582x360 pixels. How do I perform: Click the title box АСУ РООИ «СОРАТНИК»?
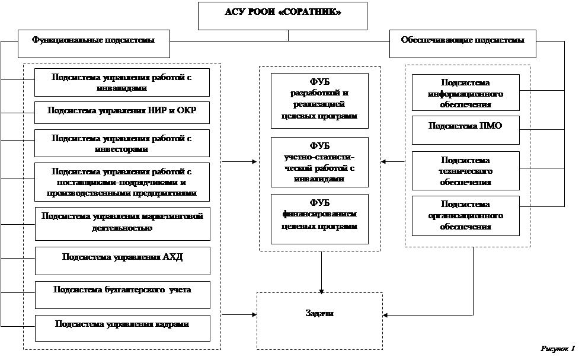[x=282, y=15]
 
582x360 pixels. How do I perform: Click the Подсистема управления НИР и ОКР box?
[x=122, y=112]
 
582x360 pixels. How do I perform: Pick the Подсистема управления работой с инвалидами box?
[x=122, y=82]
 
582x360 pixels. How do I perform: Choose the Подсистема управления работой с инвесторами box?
[x=122, y=144]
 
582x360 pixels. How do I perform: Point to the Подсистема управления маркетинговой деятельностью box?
[x=122, y=222]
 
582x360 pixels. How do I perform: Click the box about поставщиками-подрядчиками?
[x=122, y=182]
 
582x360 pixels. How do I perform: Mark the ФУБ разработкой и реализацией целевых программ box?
[x=319, y=100]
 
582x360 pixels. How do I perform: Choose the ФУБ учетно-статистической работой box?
[x=319, y=162]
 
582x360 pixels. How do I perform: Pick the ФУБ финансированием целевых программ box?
[x=319, y=218]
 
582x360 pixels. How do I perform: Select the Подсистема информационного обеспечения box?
[x=465, y=93]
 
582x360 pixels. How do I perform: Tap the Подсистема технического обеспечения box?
[x=465, y=170]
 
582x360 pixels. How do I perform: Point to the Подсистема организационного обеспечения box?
[x=465, y=215]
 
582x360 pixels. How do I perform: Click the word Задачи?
[x=319, y=313]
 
